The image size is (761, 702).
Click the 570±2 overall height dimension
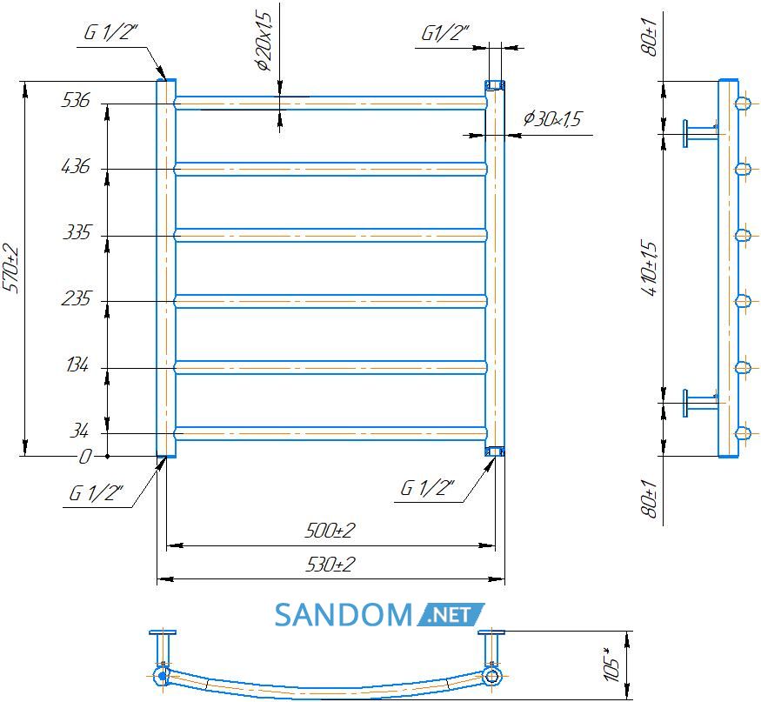[10, 269]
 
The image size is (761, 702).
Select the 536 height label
[75, 101]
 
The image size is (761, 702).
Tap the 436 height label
[76, 166]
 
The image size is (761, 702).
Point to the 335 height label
[77, 232]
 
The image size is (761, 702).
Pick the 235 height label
[76, 298]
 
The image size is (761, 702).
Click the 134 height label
[77, 364]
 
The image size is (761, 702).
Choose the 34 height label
[79, 430]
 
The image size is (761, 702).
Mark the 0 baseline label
[85, 457]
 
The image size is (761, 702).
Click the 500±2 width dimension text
[330, 531]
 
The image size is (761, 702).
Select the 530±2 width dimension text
[330, 565]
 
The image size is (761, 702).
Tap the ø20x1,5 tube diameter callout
[264, 41]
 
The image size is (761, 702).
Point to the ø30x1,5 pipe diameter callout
[552, 119]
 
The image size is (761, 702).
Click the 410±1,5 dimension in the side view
[650, 268]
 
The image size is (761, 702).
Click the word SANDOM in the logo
[344, 615]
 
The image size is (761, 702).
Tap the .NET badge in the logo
[450, 615]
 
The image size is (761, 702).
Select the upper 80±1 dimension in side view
[649, 37]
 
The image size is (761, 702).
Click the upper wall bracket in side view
[700, 132]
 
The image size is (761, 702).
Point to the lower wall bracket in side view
[700, 403]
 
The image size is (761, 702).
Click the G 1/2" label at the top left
[111, 32]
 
